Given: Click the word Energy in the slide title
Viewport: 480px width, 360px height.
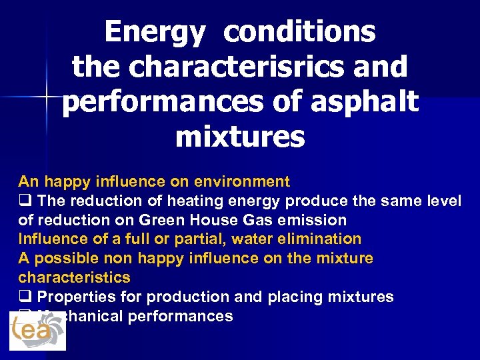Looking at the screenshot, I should click(154, 33).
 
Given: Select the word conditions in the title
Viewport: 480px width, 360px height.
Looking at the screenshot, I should click(299, 33).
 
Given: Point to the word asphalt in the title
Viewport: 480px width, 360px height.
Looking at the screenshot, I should click(367, 102).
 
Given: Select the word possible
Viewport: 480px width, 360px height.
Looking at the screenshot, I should click(60, 258).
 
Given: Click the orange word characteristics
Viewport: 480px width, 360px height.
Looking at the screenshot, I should click(74, 277).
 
